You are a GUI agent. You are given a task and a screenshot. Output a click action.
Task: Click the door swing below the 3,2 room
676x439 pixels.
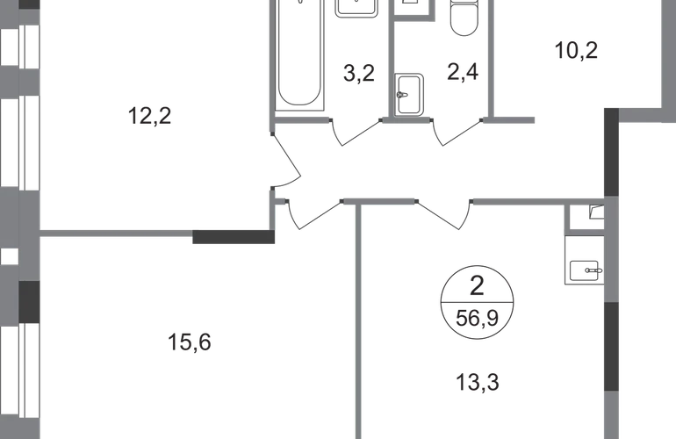(356, 133)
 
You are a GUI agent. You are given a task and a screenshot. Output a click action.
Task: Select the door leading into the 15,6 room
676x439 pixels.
(311, 215)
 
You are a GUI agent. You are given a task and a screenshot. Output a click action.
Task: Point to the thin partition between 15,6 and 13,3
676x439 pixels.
(356, 325)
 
